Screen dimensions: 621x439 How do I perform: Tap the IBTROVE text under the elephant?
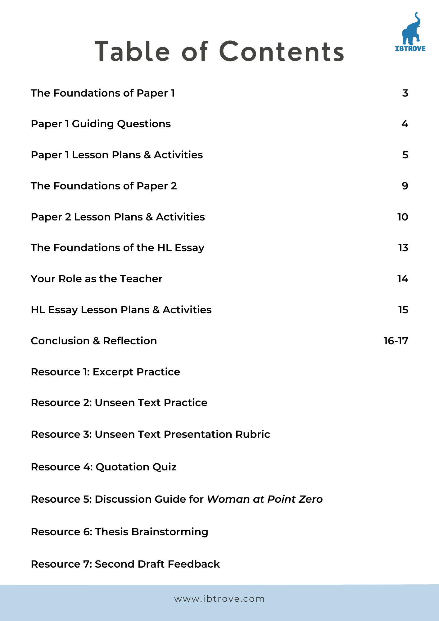click(410, 48)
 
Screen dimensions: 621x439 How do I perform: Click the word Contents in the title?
click(282, 52)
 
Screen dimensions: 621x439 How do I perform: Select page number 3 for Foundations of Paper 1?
click(405, 93)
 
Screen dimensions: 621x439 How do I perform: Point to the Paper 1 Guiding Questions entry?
click(101, 124)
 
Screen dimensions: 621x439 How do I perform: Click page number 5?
click(405, 155)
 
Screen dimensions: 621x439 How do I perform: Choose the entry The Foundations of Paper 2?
click(104, 186)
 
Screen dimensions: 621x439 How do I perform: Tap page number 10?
click(403, 217)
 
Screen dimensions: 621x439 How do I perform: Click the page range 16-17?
click(396, 341)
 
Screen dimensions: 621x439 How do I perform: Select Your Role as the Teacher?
click(97, 279)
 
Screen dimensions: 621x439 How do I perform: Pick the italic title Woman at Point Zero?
click(265, 499)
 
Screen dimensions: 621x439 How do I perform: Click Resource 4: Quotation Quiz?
click(104, 467)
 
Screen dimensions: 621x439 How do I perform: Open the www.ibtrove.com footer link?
click(219, 599)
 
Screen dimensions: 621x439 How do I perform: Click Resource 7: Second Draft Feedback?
click(125, 564)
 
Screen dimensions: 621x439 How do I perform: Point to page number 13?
click(403, 248)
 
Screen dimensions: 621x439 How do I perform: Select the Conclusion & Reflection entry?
click(94, 341)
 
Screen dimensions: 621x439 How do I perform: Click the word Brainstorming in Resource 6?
click(170, 532)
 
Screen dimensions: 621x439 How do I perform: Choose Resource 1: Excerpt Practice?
click(105, 372)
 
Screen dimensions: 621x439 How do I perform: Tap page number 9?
click(405, 186)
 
